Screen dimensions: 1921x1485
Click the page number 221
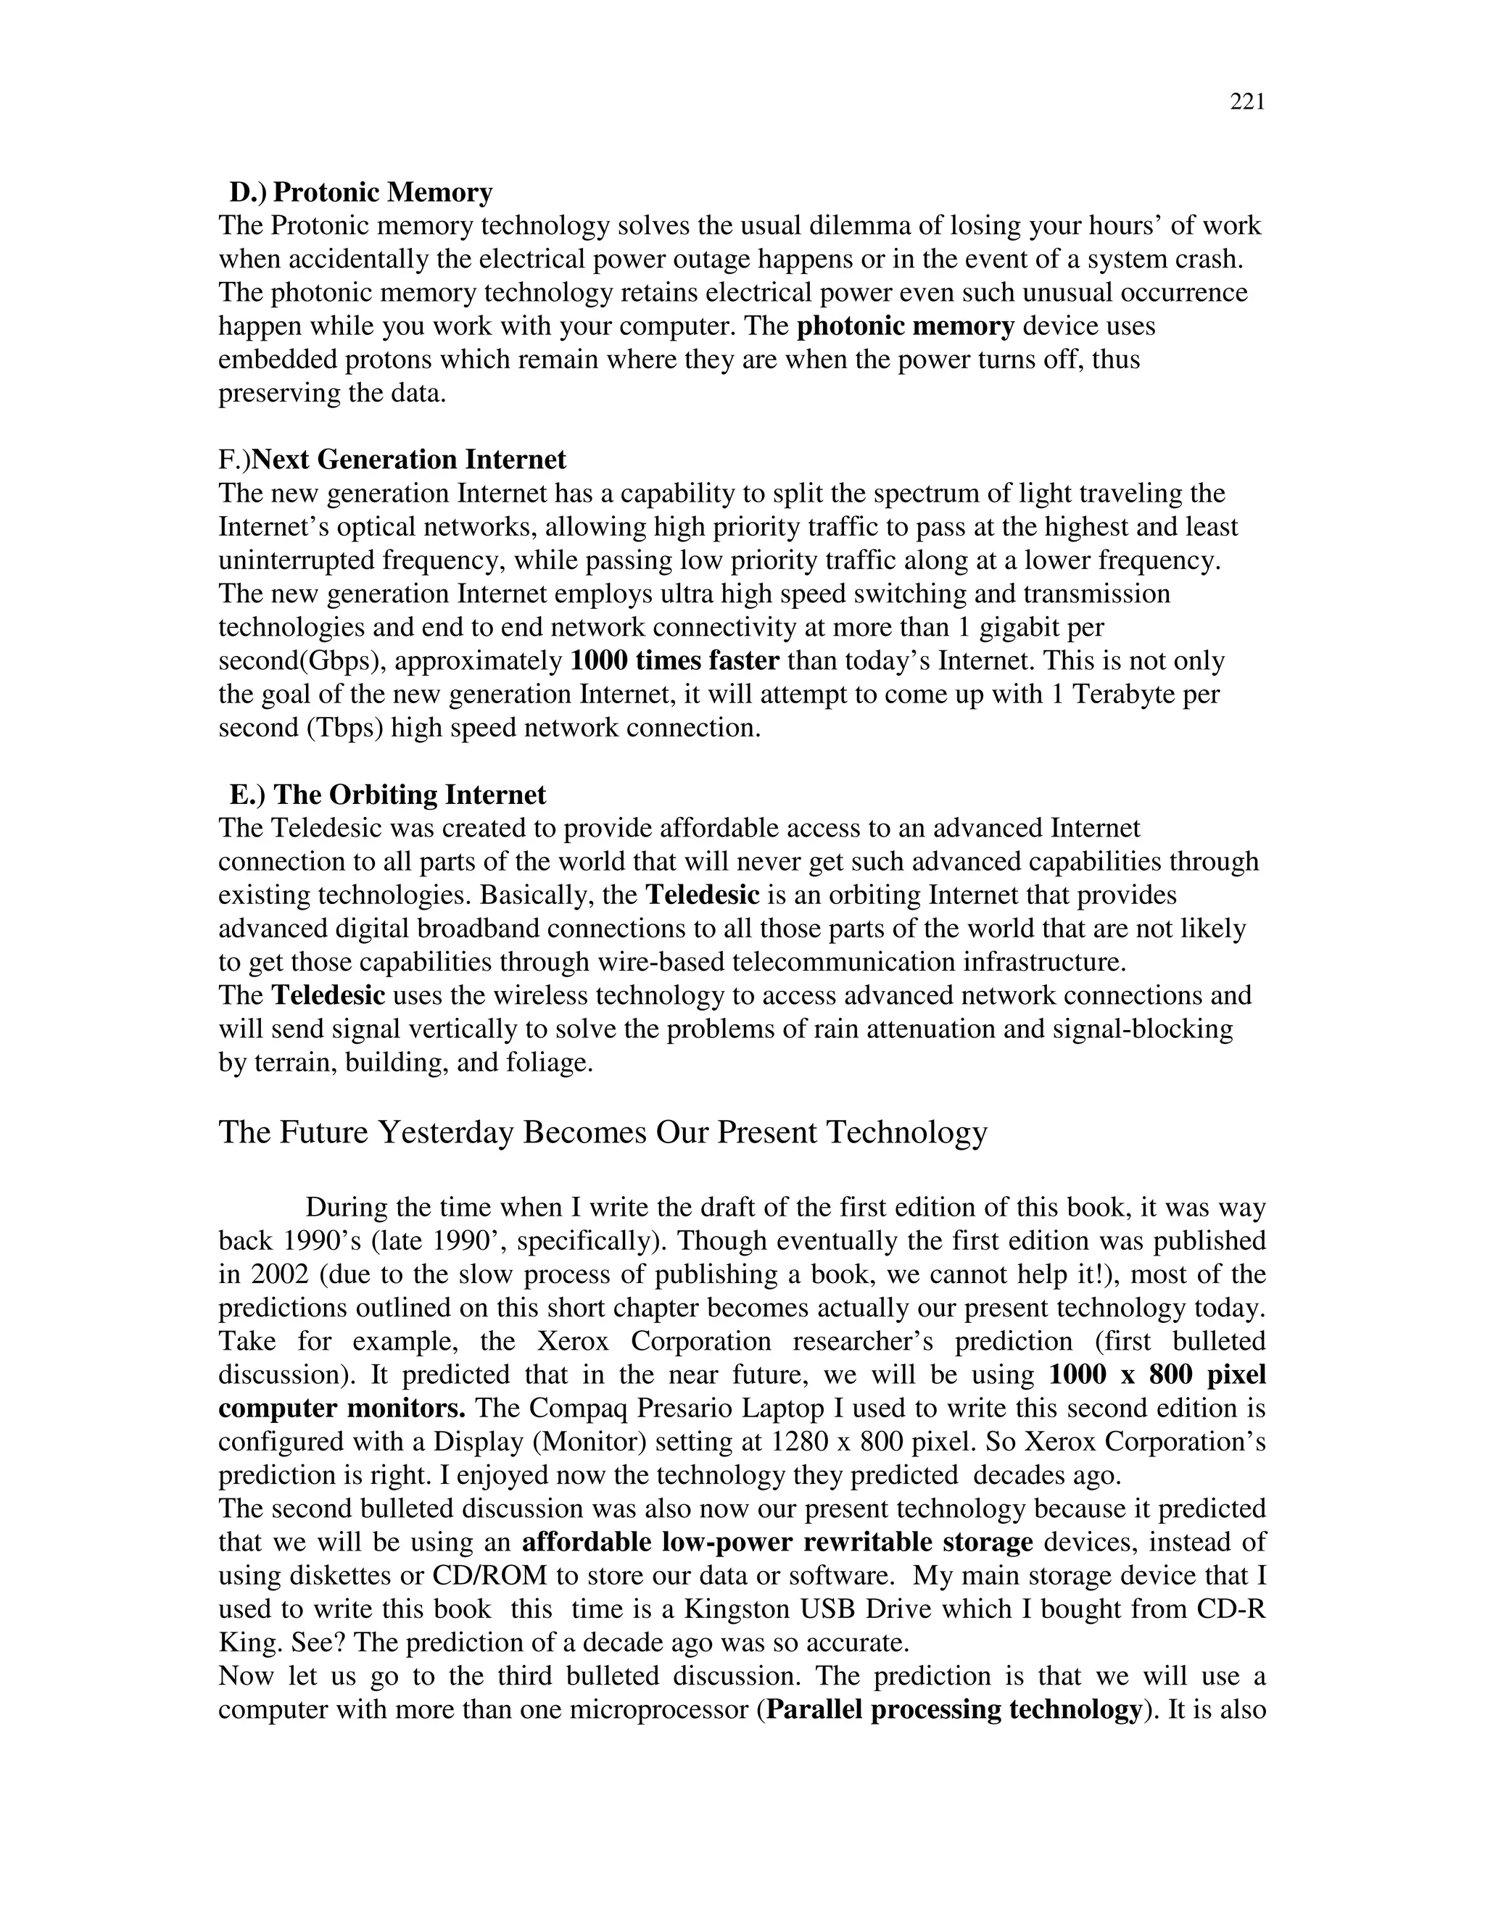coord(1246,103)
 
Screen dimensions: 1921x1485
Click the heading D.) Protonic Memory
coord(360,193)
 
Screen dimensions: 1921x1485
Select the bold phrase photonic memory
coord(905,326)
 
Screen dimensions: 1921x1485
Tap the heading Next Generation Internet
coord(409,460)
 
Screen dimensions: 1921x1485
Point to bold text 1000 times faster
coord(675,660)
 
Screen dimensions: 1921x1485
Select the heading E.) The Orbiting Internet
coord(387,795)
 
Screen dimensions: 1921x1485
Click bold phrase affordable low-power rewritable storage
coord(777,1542)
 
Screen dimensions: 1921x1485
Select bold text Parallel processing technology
coord(954,1709)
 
